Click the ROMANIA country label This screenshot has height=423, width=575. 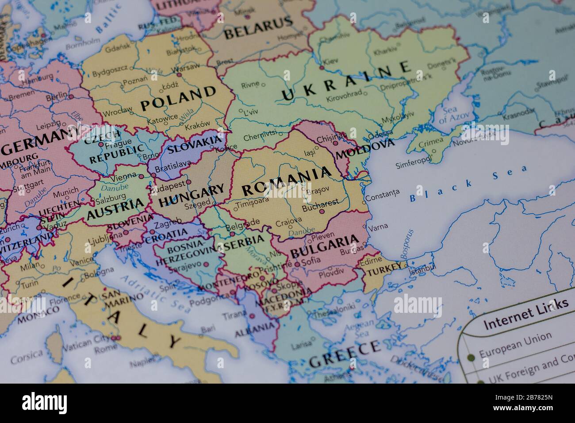pyautogui.click(x=287, y=181)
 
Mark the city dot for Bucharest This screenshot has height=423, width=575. pyautogui.click(x=322, y=211)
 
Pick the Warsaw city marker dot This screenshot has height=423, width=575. pyautogui.click(x=179, y=75)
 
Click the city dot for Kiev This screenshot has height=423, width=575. pyautogui.click(x=322, y=68)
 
